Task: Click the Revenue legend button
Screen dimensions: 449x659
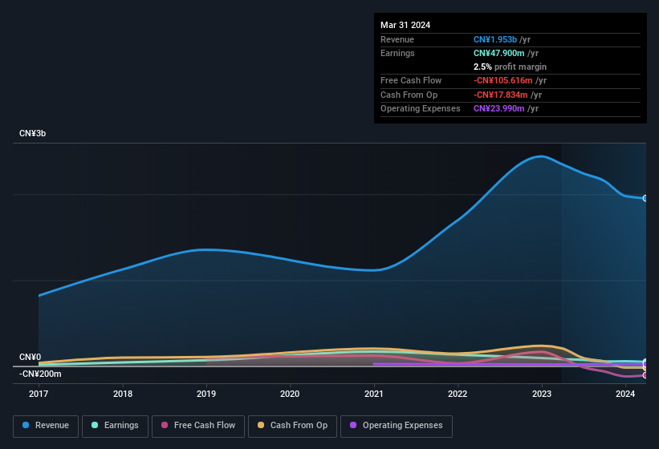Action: click(47, 426)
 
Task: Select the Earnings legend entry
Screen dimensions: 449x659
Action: click(116, 426)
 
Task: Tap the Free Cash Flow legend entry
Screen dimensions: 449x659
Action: click(199, 426)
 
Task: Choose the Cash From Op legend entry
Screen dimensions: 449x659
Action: click(292, 426)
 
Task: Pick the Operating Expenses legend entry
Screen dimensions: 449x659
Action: click(396, 426)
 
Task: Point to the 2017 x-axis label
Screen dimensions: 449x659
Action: click(39, 394)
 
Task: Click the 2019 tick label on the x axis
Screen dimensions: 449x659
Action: click(206, 394)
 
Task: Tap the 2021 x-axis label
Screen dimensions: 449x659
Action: click(373, 394)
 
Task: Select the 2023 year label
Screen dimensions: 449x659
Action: click(541, 394)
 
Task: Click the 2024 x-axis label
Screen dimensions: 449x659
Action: click(624, 394)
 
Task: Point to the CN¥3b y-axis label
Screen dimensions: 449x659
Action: click(33, 133)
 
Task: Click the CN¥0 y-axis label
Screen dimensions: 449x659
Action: click(30, 357)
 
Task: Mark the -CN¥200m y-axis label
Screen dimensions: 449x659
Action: click(40, 374)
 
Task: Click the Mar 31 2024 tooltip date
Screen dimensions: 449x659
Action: click(405, 25)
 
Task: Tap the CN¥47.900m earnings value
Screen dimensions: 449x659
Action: click(500, 53)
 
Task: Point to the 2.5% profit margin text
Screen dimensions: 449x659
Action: click(510, 67)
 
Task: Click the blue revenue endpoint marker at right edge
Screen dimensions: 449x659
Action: click(645, 198)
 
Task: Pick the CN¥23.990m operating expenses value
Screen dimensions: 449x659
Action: click(500, 108)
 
